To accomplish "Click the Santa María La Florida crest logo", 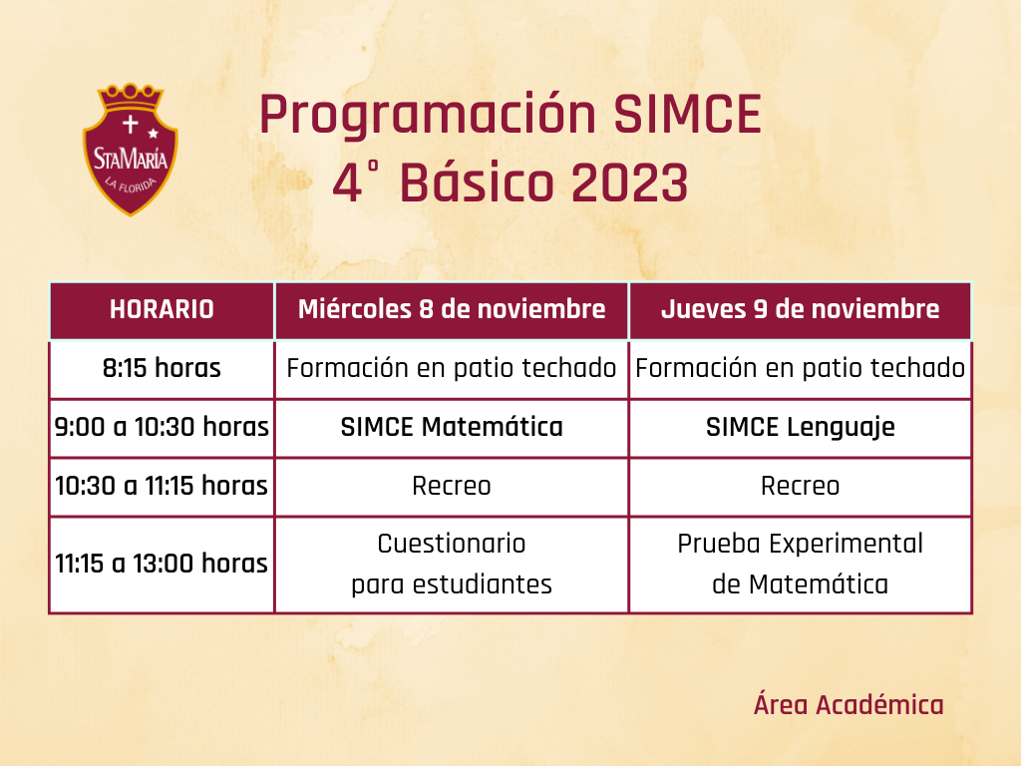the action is pyautogui.click(x=131, y=150).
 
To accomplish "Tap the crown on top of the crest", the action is pyautogui.click(x=131, y=97).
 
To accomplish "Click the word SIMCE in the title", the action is pyautogui.click(x=688, y=115).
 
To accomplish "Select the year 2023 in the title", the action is pyautogui.click(x=630, y=184).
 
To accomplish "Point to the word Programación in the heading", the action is pyautogui.click(x=428, y=116).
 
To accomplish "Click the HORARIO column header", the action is pyautogui.click(x=162, y=309).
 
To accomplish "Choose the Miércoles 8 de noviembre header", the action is pyautogui.click(x=452, y=309).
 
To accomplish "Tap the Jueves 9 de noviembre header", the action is pyautogui.click(x=801, y=309).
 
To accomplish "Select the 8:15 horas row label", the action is pyautogui.click(x=162, y=369).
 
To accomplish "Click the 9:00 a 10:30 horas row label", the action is pyautogui.click(x=162, y=427).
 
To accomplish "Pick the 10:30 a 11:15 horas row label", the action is pyautogui.click(x=162, y=486).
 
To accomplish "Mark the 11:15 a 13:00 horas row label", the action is pyautogui.click(x=162, y=565).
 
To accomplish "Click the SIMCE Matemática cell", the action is pyautogui.click(x=452, y=427).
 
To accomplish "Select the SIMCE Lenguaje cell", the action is pyautogui.click(x=801, y=428).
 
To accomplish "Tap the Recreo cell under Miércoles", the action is pyautogui.click(x=452, y=486).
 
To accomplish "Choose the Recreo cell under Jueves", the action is pyautogui.click(x=801, y=486).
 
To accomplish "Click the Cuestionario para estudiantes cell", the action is pyautogui.click(x=452, y=565).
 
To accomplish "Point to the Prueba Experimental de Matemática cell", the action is pyautogui.click(x=801, y=565).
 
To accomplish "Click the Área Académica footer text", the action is pyautogui.click(x=849, y=704).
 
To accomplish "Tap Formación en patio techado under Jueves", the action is pyautogui.click(x=801, y=369).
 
